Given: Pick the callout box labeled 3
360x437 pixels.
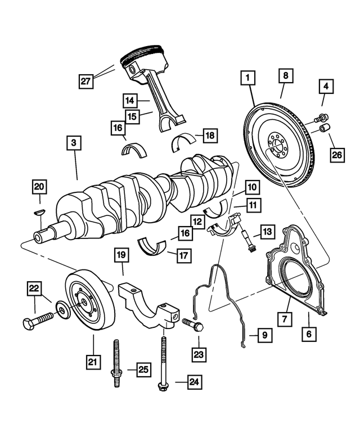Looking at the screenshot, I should pyautogui.click(x=73, y=143).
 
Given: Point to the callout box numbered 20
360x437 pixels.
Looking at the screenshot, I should pyautogui.click(x=39, y=186).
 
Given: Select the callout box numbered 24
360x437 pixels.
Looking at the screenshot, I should pyautogui.click(x=193, y=383).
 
